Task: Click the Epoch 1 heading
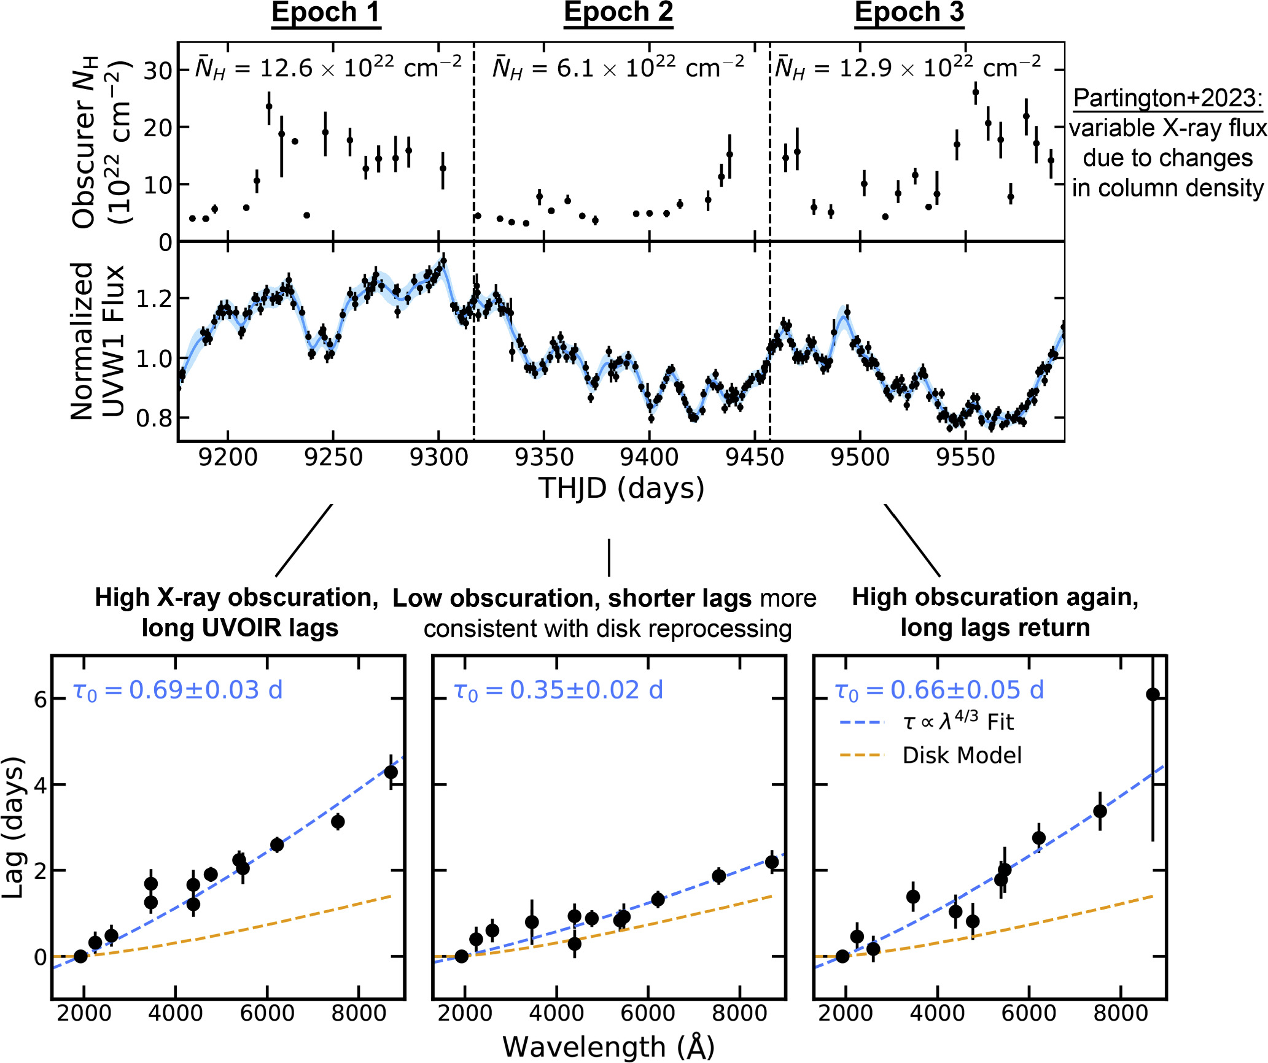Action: click(x=326, y=13)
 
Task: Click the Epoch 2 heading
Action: click(x=618, y=13)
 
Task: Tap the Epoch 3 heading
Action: click(x=909, y=13)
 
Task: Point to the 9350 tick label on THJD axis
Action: click(x=544, y=458)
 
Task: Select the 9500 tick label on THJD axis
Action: click(x=860, y=458)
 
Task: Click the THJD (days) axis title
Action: click(x=621, y=489)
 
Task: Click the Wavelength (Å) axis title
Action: click(x=609, y=1047)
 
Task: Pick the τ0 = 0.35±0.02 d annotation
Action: click(x=558, y=690)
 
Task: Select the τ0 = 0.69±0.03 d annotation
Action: click(x=177, y=690)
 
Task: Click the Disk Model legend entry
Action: click(x=962, y=756)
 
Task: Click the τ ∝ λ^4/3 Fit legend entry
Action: click(x=958, y=722)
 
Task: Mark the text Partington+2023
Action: click(x=1167, y=98)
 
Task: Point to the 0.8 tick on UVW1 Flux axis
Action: click(x=151, y=419)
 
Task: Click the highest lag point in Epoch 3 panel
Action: click(x=1153, y=695)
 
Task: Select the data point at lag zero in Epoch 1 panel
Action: click(x=80, y=956)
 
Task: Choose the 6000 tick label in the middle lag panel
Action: click(x=648, y=1013)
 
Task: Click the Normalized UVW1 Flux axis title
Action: click(x=96, y=341)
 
